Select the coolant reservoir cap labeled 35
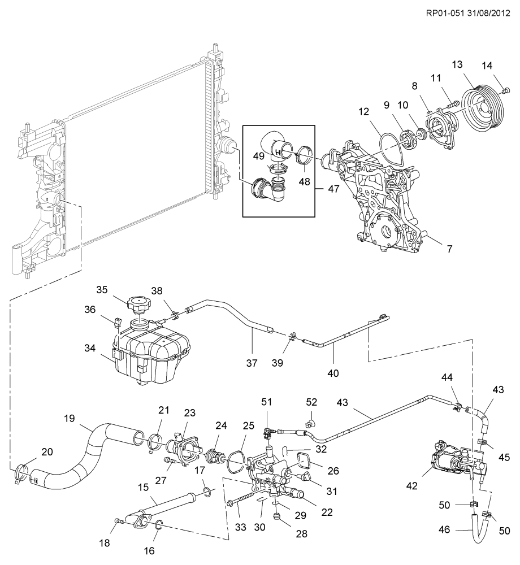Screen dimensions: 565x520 pos(139,306)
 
